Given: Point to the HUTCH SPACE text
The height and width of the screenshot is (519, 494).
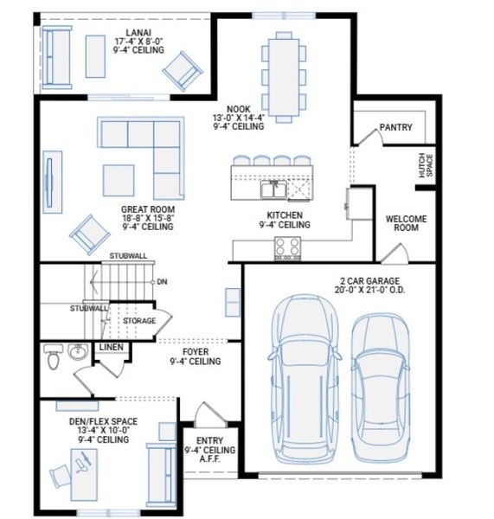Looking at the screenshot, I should point(424,166).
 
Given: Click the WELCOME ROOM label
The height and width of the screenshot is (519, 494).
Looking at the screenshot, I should point(406,224).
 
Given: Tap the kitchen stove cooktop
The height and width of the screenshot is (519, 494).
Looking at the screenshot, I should point(288,248).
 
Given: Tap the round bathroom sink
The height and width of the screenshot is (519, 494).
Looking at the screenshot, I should point(78,352).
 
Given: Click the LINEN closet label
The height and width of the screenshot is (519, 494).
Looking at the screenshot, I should point(112,347).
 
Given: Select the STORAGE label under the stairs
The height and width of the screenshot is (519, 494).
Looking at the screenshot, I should point(138,321).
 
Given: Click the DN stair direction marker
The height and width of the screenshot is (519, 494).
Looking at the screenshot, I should point(163,282).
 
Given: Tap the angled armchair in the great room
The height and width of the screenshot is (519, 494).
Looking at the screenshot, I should point(87,232).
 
